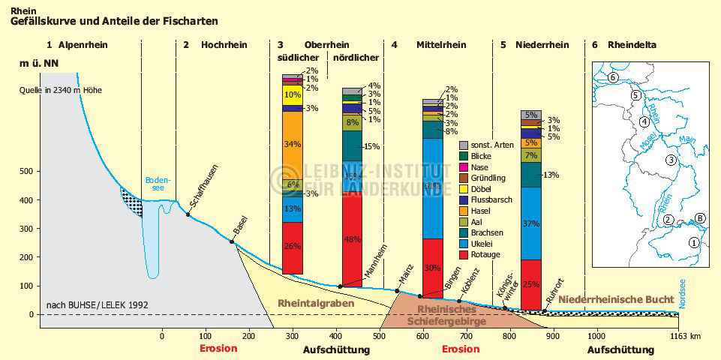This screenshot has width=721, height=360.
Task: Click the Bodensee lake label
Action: (158, 184)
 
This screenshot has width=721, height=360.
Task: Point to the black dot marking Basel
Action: (233, 241)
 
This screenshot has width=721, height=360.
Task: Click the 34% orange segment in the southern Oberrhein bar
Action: (292, 145)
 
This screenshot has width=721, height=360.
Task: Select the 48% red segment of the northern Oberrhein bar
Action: (352, 239)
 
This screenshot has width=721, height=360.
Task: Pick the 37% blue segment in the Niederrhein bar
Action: (531, 223)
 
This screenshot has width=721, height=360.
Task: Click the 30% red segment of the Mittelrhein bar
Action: (432, 267)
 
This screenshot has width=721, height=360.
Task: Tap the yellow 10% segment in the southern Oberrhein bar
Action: (292, 95)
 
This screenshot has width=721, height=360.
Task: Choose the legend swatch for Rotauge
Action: (464, 254)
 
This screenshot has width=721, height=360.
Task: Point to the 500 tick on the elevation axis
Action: (26, 172)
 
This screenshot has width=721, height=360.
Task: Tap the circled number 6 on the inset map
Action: (613, 77)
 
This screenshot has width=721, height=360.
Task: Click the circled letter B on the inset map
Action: (700, 219)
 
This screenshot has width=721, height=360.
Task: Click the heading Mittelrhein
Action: (440, 45)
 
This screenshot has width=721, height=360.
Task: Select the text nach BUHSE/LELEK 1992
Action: (98, 304)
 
